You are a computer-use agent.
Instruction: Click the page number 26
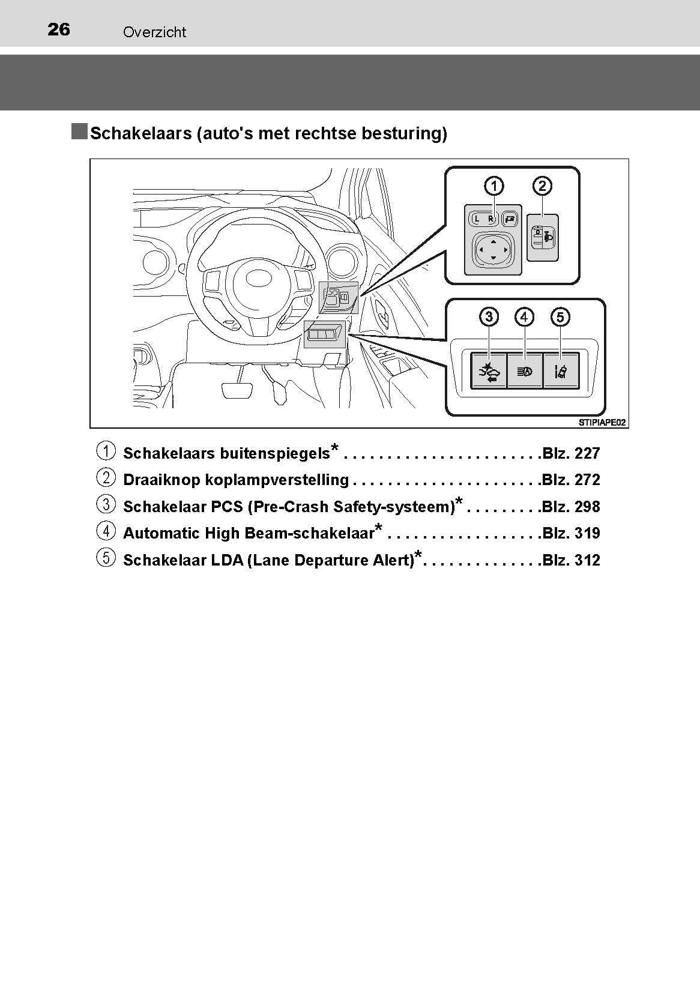(59, 29)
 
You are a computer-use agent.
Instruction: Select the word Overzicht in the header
(154, 32)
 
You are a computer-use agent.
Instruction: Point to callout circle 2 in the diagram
(542, 186)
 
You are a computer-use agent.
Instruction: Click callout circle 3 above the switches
(489, 316)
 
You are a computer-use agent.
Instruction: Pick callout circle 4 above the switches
(525, 316)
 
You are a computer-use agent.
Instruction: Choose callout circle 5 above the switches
(560, 316)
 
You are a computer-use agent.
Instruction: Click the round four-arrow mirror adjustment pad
(493, 249)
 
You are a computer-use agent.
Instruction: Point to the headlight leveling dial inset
(543, 237)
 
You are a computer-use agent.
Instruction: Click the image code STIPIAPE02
(602, 423)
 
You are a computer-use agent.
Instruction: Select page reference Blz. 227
(570, 453)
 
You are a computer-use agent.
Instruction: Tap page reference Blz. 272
(570, 480)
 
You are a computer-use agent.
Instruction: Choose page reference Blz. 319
(570, 533)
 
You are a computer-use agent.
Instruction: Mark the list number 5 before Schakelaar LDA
(106, 558)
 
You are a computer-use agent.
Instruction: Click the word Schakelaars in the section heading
(140, 133)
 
